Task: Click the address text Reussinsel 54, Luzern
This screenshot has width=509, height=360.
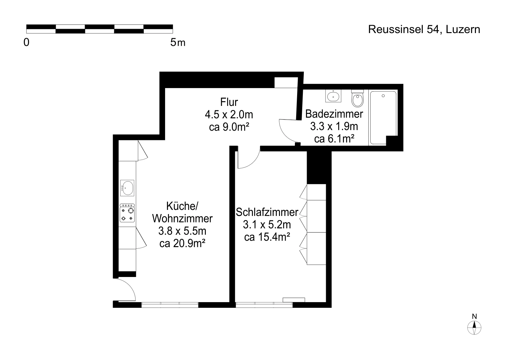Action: point(424,30)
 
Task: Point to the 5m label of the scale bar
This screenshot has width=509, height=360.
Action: point(178,43)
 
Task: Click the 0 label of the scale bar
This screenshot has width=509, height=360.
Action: point(26,43)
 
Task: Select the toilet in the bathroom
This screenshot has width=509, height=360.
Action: point(358,98)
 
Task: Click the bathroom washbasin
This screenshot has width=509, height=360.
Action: point(333,96)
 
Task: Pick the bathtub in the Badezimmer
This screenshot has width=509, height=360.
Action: point(383,117)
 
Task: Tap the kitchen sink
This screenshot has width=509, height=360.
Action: point(127,188)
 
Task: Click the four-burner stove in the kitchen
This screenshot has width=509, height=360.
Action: point(127,213)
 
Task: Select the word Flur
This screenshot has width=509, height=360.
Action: point(229,102)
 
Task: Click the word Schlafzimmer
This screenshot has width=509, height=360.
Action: point(267,212)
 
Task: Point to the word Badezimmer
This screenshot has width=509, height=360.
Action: point(334,114)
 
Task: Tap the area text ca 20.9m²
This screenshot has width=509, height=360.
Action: point(183,244)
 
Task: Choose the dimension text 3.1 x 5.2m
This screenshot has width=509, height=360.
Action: point(267,225)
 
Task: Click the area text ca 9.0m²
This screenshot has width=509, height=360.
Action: point(229,127)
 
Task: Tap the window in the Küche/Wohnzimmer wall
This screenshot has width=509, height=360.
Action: point(170,305)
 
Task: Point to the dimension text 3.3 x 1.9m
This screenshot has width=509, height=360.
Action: point(334,127)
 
